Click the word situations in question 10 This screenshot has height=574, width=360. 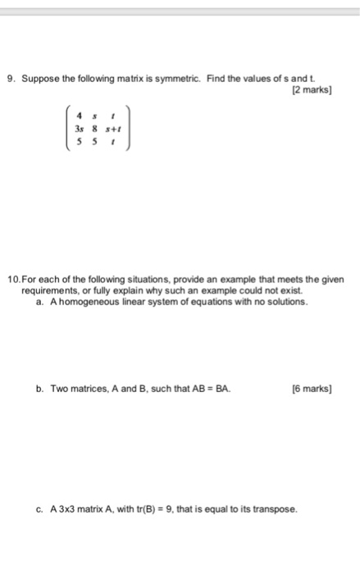pyautogui.click(x=123, y=280)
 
